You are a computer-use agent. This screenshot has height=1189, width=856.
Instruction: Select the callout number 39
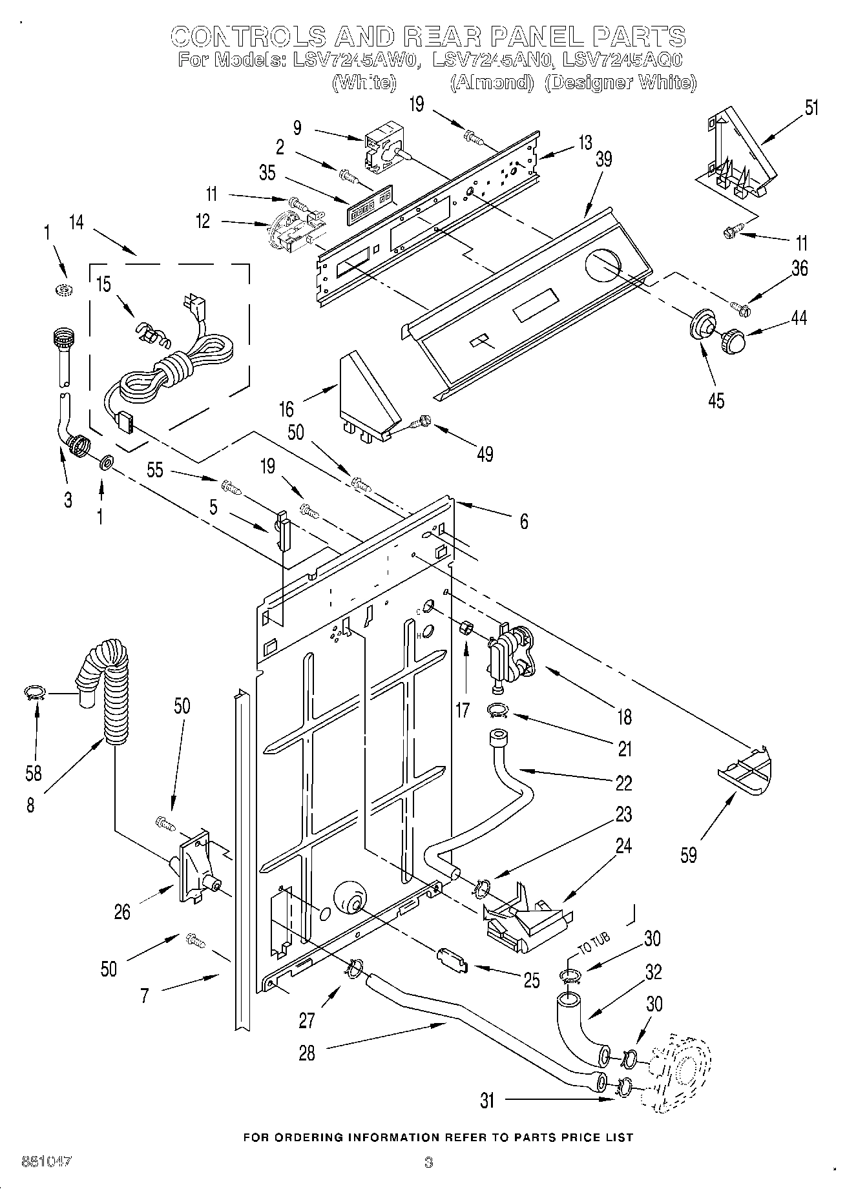pyautogui.click(x=603, y=159)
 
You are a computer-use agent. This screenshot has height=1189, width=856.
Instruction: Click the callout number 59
pyautogui.click(x=689, y=855)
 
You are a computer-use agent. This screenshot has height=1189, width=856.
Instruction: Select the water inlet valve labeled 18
pyautogui.click(x=510, y=656)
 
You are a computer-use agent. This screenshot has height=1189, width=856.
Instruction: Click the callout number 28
pyautogui.click(x=307, y=1053)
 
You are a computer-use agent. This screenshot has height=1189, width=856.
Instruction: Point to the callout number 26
pyautogui.click(x=122, y=911)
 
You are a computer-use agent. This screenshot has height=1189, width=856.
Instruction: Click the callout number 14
pyautogui.click(x=76, y=222)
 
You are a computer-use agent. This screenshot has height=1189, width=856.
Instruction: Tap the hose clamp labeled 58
pyautogui.click(x=35, y=694)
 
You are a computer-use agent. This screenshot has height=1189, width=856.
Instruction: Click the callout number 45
pyautogui.click(x=716, y=400)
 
